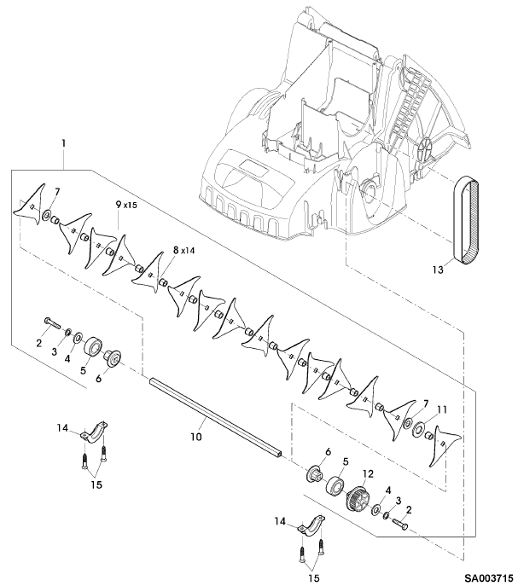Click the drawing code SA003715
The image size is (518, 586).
point(488,578)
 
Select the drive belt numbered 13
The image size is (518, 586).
point(466,220)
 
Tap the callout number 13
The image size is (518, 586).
point(438,269)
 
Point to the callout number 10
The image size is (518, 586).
point(196,436)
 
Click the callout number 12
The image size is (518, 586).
point(368,474)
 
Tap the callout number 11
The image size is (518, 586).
point(442,410)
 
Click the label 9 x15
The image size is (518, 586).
point(126,205)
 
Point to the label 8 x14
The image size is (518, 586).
point(183,251)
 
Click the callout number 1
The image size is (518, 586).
point(64,143)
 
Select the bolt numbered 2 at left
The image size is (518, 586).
point(52,322)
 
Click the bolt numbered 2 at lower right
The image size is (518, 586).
point(400,525)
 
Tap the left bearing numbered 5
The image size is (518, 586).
point(93,346)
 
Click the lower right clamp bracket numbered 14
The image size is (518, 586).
point(311,525)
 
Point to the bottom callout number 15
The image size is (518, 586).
point(314,577)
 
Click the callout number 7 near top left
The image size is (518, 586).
point(57,192)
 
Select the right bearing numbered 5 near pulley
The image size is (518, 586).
point(335,486)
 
